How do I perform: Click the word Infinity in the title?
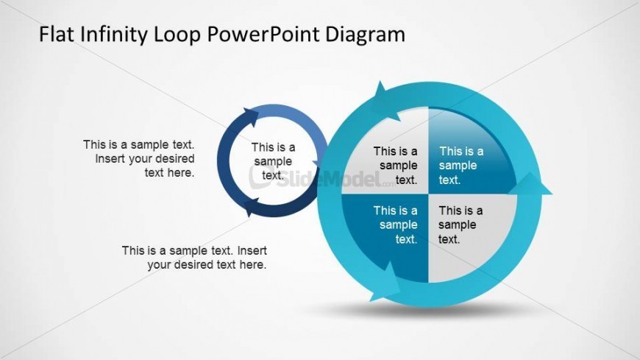[113, 34]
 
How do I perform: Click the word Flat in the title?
[57, 34]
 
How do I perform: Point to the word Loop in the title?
[177, 35]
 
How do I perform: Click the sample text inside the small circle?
[273, 161]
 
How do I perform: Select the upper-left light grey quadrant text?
[396, 166]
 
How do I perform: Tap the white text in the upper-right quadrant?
[461, 166]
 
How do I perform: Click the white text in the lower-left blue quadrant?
[396, 225]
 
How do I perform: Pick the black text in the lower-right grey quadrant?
[461, 225]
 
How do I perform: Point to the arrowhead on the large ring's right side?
[530, 184]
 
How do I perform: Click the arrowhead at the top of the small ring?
[251, 117]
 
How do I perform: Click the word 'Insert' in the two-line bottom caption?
[252, 250]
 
